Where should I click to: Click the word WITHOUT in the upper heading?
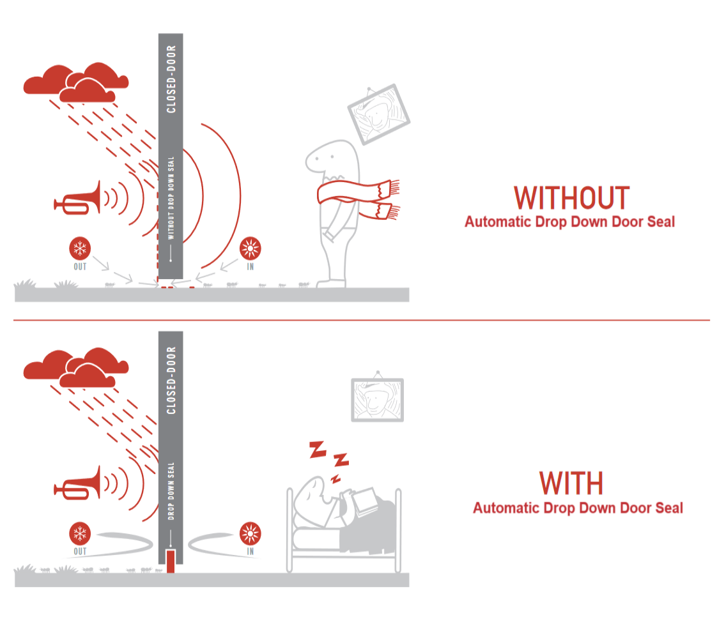(571, 198)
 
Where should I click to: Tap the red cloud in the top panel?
(77, 83)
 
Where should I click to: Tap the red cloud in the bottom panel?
(77, 369)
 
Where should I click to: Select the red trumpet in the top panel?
(78, 199)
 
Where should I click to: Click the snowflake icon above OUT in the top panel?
(80, 248)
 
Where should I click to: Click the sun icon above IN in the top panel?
(250, 248)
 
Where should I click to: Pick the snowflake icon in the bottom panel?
(80, 534)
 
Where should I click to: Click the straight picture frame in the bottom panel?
(378, 400)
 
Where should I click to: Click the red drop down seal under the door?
(170, 560)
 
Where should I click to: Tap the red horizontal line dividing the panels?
(362, 320)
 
